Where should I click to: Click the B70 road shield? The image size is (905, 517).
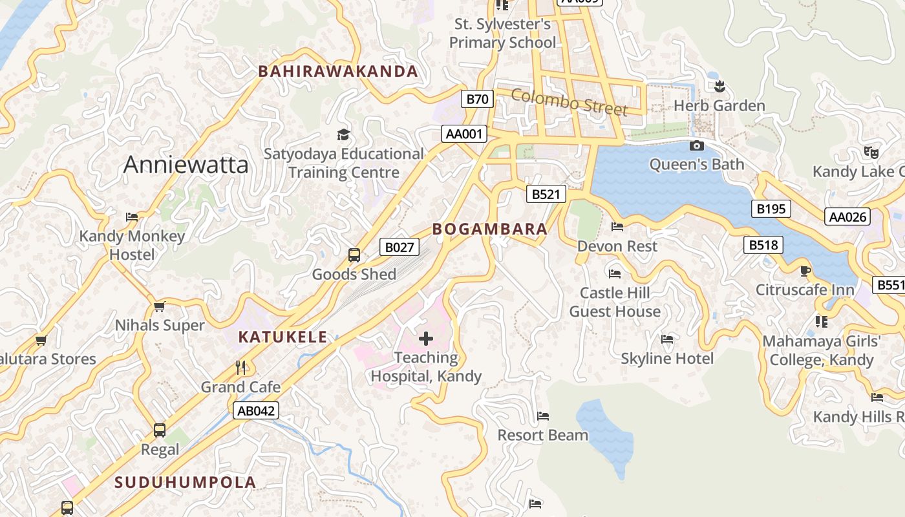[x=477, y=99]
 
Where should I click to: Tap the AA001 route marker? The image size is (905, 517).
[x=463, y=134]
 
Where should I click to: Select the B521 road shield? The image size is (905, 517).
[x=546, y=194]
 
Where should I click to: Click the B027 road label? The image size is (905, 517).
[x=398, y=246]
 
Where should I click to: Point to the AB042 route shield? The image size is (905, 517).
[x=256, y=410]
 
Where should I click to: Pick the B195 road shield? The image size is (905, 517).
[x=771, y=209]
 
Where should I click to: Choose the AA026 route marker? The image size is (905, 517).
[x=847, y=216]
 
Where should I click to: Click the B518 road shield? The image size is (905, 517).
[x=763, y=245]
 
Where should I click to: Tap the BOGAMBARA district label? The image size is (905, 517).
[x=489, y=229]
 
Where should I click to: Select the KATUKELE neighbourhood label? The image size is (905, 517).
[x=282, y=337]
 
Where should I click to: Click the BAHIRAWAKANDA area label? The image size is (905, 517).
[x=338, y=71]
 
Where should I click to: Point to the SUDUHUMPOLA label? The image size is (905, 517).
[x=186, y=482]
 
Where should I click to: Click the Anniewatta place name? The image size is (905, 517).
[x=186, y=165]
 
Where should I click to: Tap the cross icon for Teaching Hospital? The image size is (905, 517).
[x=426, y=338]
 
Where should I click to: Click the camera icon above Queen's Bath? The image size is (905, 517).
[x=697, y=145]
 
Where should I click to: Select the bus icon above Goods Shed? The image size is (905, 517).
[x=354, y=255]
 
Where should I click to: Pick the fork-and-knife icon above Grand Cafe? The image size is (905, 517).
[x=240, y=368]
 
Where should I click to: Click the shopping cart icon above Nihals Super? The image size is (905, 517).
[x=160, y=306]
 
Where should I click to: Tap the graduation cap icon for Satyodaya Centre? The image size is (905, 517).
[x=343, y=134]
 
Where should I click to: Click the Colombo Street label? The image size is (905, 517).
[x=569, y=102]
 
